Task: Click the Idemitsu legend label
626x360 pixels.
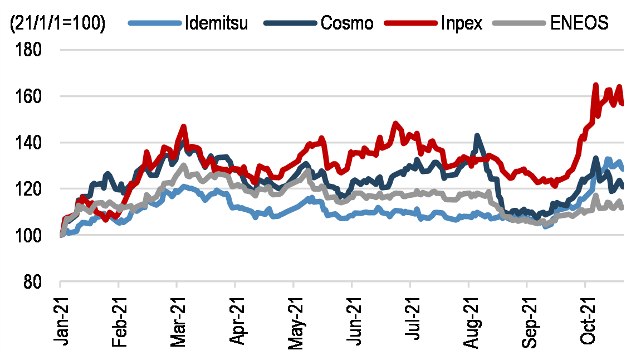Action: (x=217, y=23)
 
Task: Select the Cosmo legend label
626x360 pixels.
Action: (x=347, y=23)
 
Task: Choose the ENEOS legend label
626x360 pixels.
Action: (x=579, y=23)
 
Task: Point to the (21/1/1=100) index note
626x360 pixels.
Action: (x=57, y=24)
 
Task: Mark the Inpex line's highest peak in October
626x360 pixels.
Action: (x=595, y=85)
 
